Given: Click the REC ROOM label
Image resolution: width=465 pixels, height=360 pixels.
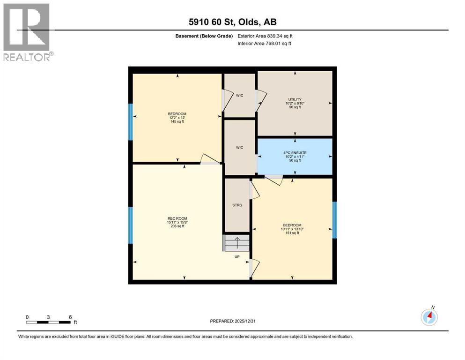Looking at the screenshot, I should (177, 218).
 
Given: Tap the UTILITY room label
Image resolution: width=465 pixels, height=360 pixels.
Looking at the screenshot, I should (295, 99).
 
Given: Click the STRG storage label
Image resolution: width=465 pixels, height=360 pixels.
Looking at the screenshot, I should (237, 205).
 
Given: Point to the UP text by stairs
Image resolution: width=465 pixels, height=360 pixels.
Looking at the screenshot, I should (237, 256).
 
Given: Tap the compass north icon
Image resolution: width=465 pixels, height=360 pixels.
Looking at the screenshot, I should (429, 317).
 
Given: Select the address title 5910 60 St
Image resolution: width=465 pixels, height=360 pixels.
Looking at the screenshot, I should (232, 22).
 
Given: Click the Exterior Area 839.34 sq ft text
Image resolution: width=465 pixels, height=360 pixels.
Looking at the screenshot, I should (266, 36).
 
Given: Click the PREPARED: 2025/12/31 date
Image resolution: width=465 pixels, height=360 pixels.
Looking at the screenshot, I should (232, 321).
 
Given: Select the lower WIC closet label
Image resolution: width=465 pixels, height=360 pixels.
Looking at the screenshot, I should (239, 147).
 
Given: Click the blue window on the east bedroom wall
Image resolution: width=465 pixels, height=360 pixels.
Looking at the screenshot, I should (334, 219).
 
